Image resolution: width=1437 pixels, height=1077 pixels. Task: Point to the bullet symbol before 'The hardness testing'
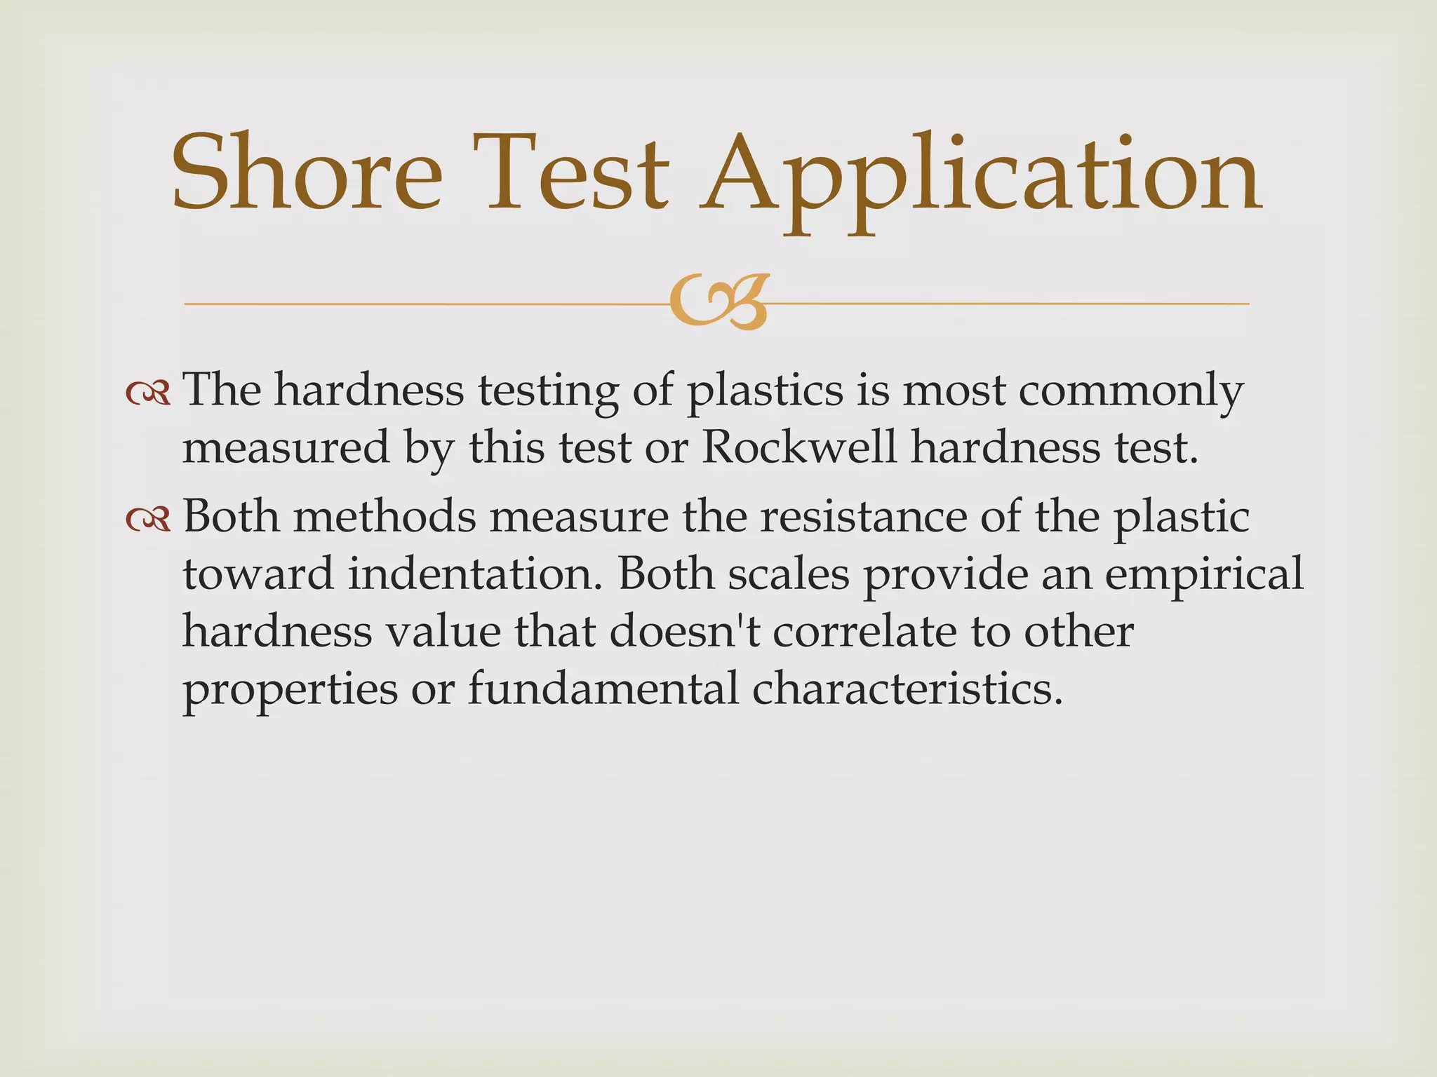148,393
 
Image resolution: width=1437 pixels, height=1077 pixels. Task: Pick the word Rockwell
798,447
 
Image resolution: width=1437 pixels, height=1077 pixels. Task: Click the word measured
286,447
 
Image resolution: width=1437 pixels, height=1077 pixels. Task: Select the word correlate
865,631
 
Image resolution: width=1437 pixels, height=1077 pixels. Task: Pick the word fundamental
603,689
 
